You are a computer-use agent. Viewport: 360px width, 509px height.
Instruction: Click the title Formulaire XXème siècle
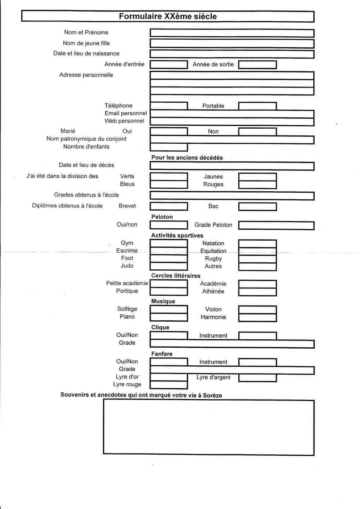pos(168,17)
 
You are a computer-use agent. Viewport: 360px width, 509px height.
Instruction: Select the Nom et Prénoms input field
pos(232,33)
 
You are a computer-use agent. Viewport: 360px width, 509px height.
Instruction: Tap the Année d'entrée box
pos(168,65)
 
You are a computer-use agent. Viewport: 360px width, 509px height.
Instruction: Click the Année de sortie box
pos(257,65)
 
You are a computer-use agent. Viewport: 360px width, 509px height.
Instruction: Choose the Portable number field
pos(257,106)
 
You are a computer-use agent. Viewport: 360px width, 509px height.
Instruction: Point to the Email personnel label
pos(126,113)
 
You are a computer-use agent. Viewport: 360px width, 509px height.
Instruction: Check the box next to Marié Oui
pos(168,131)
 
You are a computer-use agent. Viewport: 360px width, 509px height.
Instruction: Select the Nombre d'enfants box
pos(168,147)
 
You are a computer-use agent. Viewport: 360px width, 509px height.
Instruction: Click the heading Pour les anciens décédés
pos(187,158)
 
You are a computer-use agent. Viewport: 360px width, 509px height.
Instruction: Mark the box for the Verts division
pos(168,177)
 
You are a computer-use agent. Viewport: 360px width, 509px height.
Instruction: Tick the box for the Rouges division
pos(257,185)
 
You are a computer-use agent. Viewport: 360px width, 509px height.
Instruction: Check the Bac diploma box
pos(257,207)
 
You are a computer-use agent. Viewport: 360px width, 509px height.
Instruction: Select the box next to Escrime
pos(168,251)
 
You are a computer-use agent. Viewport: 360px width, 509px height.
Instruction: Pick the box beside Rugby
pos(257,259)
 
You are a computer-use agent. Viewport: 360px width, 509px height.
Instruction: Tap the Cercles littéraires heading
pos(176,276)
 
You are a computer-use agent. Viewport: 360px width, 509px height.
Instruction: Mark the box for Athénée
pos(257,292)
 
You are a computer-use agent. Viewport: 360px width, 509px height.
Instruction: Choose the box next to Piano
pos(168,317)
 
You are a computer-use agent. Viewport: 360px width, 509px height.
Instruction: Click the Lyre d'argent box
pos(257,378)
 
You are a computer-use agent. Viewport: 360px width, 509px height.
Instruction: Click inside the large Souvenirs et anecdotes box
pos(208,427)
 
